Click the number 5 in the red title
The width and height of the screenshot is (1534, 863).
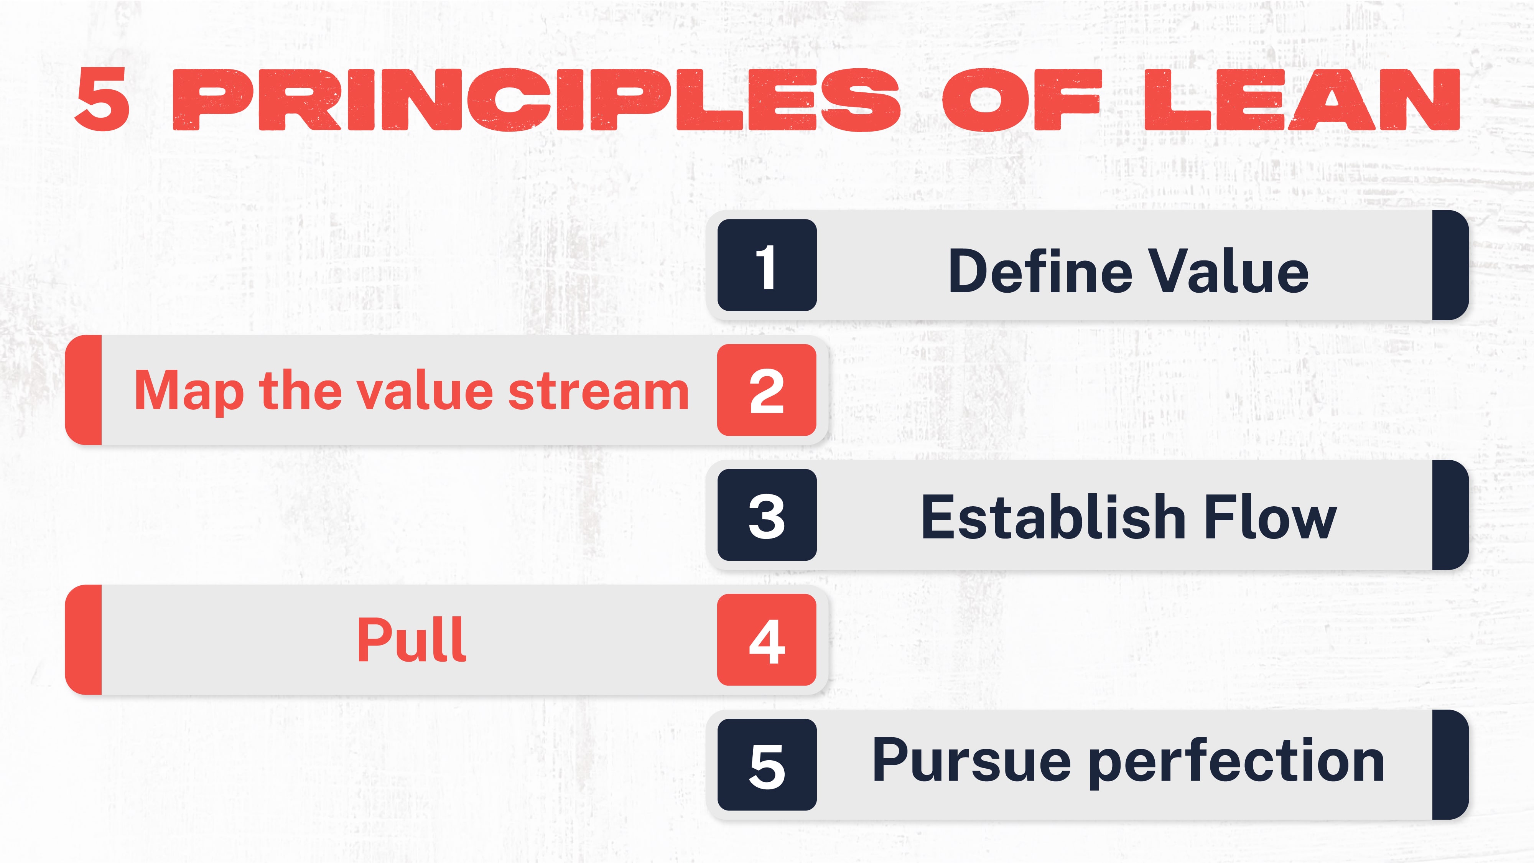[x=102, y=99]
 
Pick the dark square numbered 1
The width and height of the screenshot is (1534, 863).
[x=766, y=265]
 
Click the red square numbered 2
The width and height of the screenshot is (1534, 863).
[x=766, y=390]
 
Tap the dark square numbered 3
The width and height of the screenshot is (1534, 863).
[x=766, y=515]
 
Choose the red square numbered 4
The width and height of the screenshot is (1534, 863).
[x=766, y=640]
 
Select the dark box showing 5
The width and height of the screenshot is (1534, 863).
[x=766, y=765]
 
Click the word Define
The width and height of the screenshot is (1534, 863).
[x=1040, y=272]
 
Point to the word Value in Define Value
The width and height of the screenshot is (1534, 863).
[x=1228, y=272]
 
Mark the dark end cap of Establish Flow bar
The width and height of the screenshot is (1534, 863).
[x=1450, y=515]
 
